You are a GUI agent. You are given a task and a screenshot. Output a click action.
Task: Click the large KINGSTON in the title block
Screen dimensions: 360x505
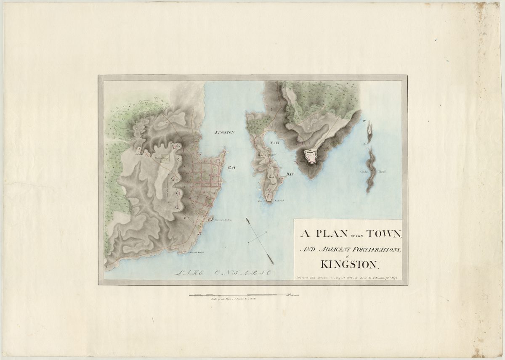(x=350, y=265)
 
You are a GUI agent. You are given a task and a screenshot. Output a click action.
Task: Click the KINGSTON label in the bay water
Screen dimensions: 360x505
(x=224, y=132)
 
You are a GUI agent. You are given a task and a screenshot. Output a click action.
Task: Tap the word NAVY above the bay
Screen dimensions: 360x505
(x=274, y=143)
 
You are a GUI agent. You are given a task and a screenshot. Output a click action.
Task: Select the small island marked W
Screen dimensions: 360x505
(x=369, y=131)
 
